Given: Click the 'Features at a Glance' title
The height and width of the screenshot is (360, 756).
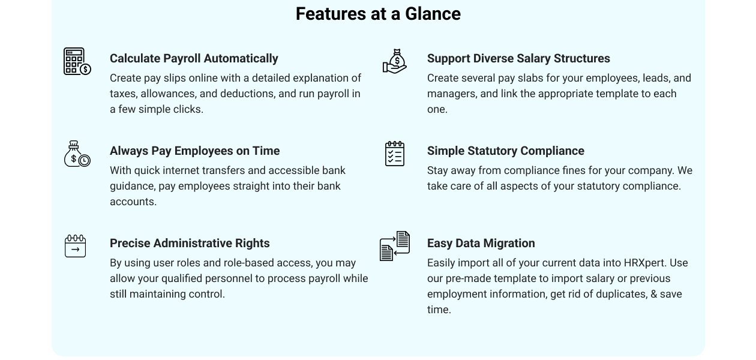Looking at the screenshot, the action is [x=378, y=14].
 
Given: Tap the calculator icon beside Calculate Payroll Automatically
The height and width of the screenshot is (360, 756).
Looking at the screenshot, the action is [x=77, y=61].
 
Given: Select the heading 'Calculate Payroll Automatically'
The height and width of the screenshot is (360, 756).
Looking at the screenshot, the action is [x=194, y=58].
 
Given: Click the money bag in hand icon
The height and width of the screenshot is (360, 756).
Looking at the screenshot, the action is [x=395, y=61].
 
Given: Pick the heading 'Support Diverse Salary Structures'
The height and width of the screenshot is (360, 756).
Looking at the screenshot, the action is [x=518, y=58].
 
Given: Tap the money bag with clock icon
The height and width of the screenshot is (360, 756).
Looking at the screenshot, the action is [x=77, y=154].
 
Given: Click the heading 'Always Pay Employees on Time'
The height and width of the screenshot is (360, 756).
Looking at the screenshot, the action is [x=195, y=151].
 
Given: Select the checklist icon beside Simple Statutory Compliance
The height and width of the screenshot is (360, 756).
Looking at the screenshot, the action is [x=395, y=154].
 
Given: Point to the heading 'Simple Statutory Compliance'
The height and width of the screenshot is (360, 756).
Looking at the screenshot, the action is [x=506, y=151].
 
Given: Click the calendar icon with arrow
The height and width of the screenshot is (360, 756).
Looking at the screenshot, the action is [x=75, y=246].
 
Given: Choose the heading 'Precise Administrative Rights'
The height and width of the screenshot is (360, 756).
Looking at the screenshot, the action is [x=190, y=243].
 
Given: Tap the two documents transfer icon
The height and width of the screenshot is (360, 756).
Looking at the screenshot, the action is [x=395, y=246].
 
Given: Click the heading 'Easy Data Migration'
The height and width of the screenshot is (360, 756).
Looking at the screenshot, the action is [x=481, y=243].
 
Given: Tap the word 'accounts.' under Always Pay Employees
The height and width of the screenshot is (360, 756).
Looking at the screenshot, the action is [x=133, y=202].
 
